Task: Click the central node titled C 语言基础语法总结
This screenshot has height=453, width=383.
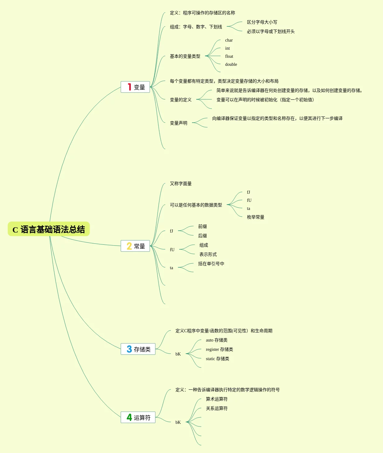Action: coord(49,229)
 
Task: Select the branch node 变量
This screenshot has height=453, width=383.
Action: coord(135,87)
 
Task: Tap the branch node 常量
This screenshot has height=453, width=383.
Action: coord(135,246)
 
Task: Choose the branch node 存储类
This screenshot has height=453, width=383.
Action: coord(138,349)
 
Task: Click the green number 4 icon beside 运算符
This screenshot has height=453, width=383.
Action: coord(129,417)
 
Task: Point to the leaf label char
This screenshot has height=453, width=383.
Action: coord(229,40)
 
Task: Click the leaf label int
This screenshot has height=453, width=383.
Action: coord(227,48)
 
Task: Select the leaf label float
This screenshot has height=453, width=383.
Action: coord(229,57)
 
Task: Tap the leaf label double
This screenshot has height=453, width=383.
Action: coord(231,65)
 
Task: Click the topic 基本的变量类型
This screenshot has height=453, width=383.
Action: coord(185,56)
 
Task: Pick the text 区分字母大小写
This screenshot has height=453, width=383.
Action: coord(262,22)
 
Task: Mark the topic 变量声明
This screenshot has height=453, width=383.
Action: coord(178,123)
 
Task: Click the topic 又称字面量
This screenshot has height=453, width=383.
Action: coord(180,183)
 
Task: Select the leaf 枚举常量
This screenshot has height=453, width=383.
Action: coord(255,217)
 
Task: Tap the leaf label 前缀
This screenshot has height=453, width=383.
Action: coord(202,226)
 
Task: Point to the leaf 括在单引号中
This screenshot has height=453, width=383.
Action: coord(211,264)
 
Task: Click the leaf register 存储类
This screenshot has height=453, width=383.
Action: coord(219,349)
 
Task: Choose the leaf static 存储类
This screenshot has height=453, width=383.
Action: coord(217,359)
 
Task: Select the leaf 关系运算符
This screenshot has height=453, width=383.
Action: coord(217,408)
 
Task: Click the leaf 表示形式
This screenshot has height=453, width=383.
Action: coord(208,254)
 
